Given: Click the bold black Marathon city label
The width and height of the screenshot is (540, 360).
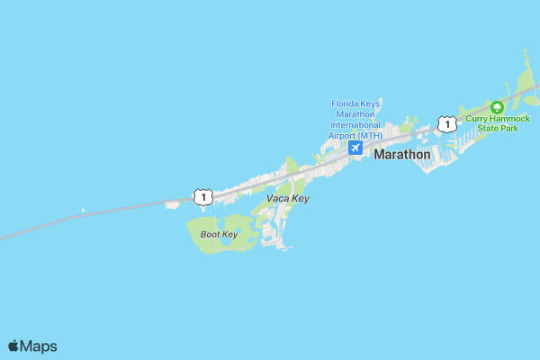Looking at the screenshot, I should [x=401, y=155].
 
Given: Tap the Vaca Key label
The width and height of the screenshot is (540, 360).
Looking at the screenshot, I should [x=288, y=198].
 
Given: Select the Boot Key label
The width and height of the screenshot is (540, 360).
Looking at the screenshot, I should [x=218, y=234].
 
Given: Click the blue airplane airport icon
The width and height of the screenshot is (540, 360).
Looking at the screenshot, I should [x=355, y=147].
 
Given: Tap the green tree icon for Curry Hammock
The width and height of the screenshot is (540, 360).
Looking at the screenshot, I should [x=497, y=107].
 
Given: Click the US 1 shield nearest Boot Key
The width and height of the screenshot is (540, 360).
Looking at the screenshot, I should [x=202, y=196].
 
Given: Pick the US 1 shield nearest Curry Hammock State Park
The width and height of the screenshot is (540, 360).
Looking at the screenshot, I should [x=445, y=123].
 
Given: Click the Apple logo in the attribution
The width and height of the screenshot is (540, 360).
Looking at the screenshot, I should [x=13, y=346].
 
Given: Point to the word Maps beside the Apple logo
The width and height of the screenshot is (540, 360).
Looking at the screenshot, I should [x=39, y=346].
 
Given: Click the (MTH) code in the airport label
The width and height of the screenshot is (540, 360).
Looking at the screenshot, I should [x=368, y=136].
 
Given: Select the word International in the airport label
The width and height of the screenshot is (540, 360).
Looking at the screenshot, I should [x=356, y=125].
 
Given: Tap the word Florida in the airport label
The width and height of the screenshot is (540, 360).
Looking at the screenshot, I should [x=346, y=103].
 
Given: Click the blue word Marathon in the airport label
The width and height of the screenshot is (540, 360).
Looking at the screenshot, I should [x=356, y=114].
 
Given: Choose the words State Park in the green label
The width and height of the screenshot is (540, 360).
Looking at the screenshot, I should [x=498, y=129].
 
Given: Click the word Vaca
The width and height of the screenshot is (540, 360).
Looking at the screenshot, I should [x=277, y=198].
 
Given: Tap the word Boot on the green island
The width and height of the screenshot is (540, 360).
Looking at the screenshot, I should [x=210, y=234].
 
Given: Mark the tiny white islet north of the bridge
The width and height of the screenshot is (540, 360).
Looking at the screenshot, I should [x=83, y=211].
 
